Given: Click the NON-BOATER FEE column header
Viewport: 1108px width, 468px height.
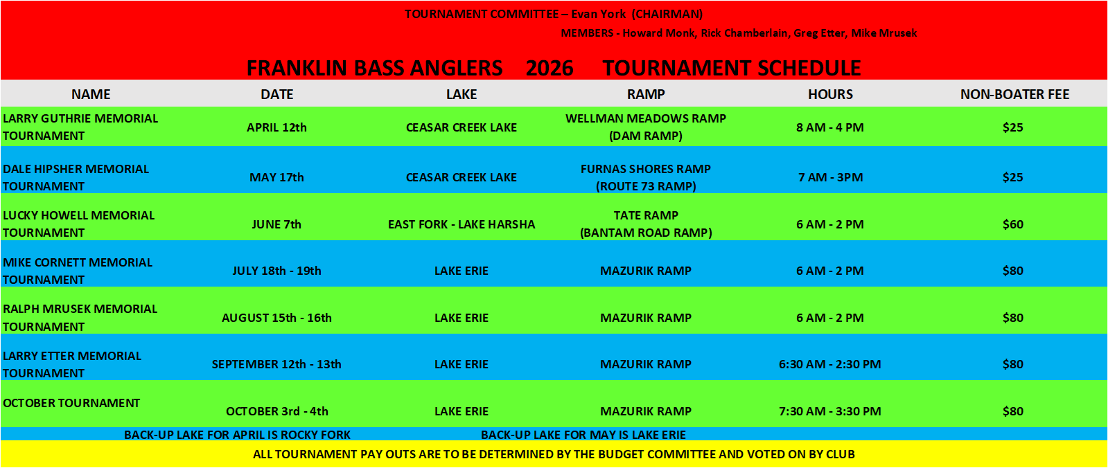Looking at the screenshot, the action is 1014,94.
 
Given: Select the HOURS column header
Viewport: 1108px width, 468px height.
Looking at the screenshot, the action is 831,94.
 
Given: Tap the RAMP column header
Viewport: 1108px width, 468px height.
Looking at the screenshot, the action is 646,94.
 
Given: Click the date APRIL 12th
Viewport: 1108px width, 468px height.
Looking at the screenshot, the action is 276,127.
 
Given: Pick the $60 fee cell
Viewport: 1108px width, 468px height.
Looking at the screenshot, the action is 1013,224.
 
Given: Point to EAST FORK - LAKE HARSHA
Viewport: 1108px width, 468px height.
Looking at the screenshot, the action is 461,224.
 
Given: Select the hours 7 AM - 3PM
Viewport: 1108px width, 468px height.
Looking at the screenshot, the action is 831,177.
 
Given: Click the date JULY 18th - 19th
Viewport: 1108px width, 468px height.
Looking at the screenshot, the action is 276,271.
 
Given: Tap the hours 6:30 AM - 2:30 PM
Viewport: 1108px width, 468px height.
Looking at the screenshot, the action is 830,364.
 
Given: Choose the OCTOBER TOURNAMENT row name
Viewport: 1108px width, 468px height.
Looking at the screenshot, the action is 71,403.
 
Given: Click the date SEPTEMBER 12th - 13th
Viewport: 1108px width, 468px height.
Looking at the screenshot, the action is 276,364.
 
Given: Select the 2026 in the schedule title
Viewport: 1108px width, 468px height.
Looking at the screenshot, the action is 549,69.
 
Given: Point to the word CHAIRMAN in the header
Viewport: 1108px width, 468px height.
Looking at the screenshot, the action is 667,14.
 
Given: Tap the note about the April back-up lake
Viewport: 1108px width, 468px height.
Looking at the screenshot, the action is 237,435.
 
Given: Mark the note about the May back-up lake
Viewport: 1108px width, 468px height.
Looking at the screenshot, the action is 583,435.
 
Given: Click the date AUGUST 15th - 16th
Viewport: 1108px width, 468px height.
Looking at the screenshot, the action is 276,318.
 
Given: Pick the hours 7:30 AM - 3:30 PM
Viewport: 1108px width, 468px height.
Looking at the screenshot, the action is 830,411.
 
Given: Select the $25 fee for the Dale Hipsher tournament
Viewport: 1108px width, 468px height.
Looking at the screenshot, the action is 1013,177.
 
